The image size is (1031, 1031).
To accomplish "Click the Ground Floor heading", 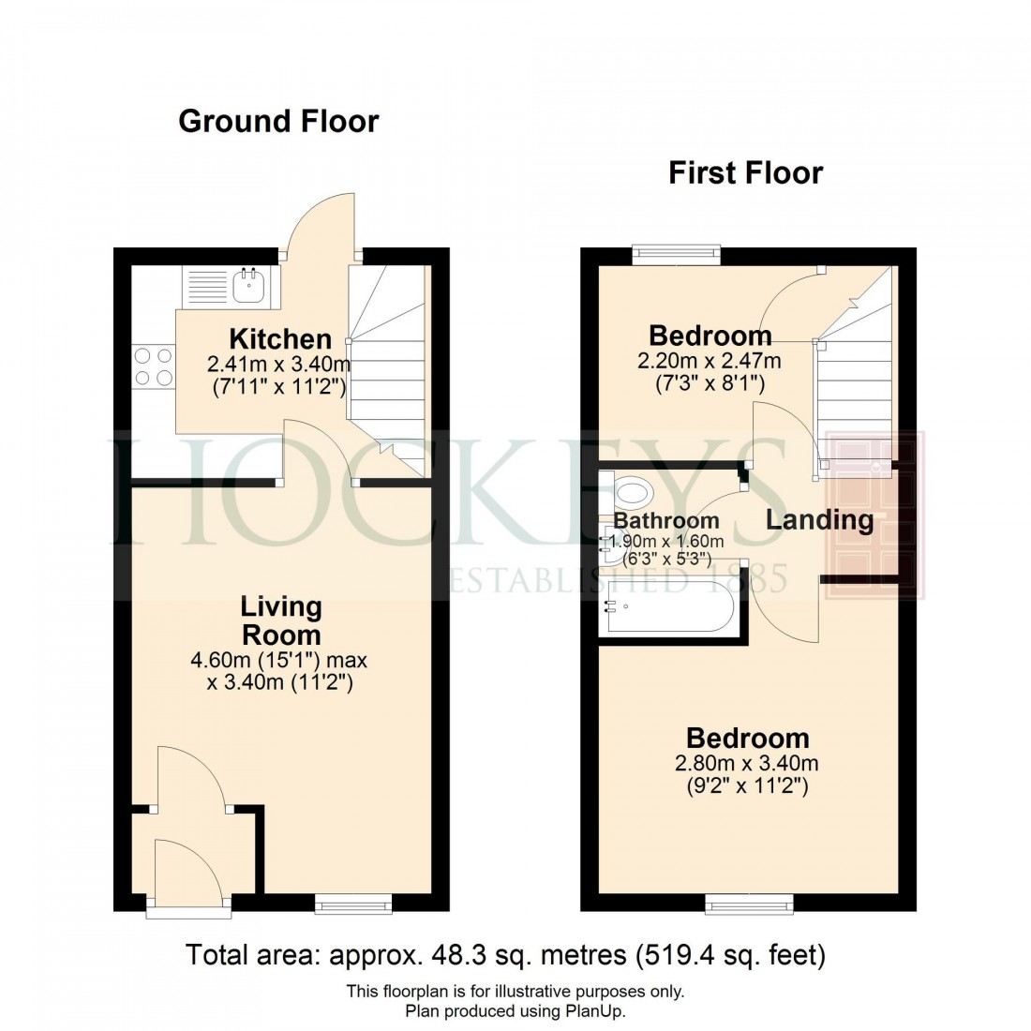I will [278, 121].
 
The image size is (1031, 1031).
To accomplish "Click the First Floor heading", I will [745, 173].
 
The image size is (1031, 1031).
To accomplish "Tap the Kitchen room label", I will [280, 338].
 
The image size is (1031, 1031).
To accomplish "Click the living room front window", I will [353, 903].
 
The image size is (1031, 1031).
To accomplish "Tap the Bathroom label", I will [666, 520].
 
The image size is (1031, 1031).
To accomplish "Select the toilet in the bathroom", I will [634, 491].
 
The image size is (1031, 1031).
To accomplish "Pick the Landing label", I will [819, 520].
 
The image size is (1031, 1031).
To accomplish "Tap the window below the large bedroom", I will [749, 903].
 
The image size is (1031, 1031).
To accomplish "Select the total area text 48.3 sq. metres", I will [506, 955].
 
